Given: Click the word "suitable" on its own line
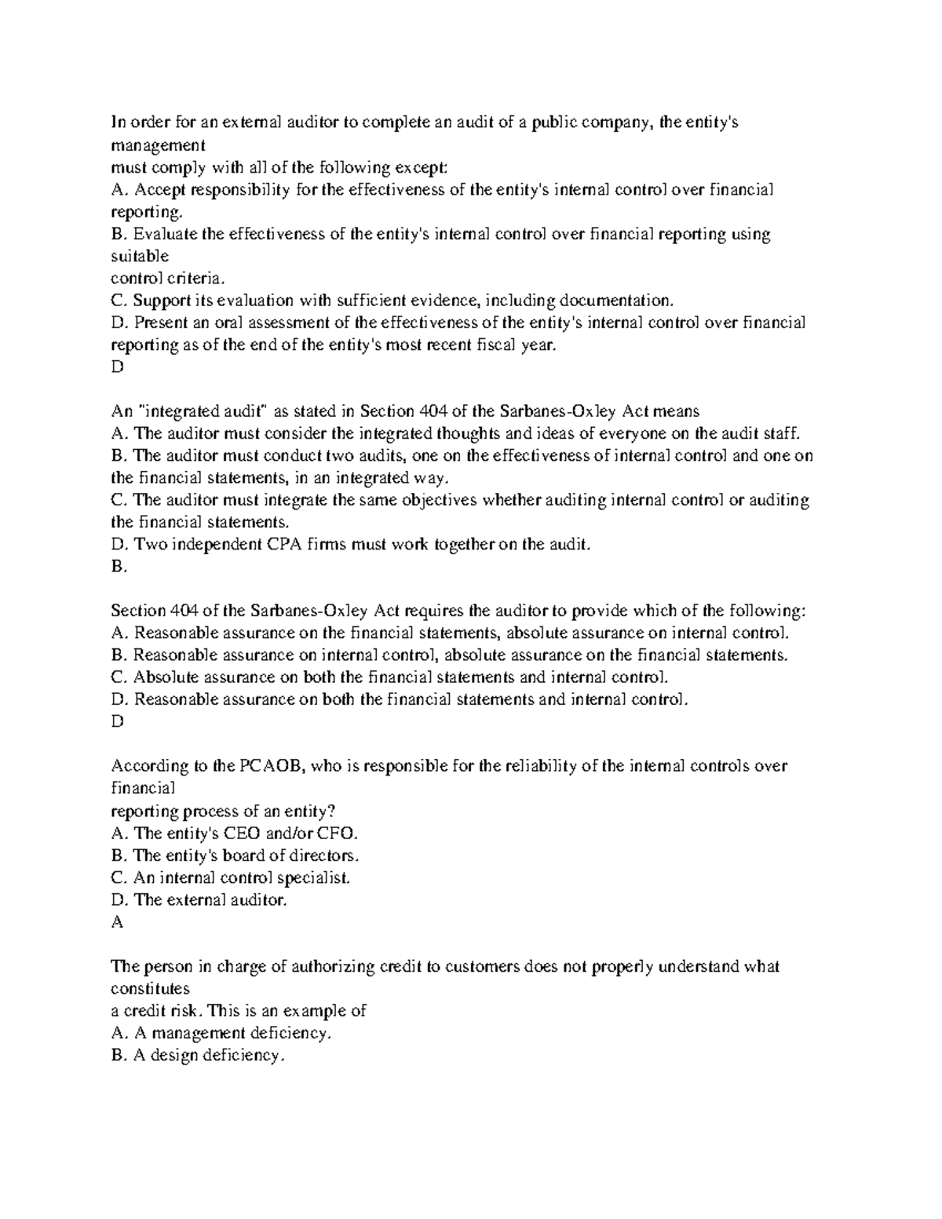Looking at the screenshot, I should click(140, 256).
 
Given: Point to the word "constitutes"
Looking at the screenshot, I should click(150, 988).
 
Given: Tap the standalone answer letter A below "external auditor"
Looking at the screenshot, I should click(118, 922).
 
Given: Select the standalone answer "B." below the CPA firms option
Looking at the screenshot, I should click(119, 567).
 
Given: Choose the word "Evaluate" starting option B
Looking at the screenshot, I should click(165, 234).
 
